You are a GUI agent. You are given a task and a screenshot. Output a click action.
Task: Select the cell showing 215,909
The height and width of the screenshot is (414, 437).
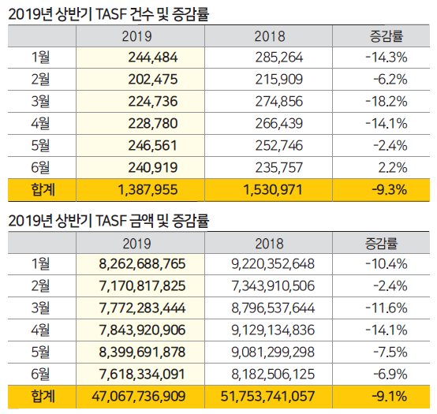282,79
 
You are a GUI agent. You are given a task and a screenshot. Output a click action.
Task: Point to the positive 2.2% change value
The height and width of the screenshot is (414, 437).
391,167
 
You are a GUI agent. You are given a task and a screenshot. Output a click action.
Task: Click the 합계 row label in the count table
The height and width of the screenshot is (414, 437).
40,190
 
